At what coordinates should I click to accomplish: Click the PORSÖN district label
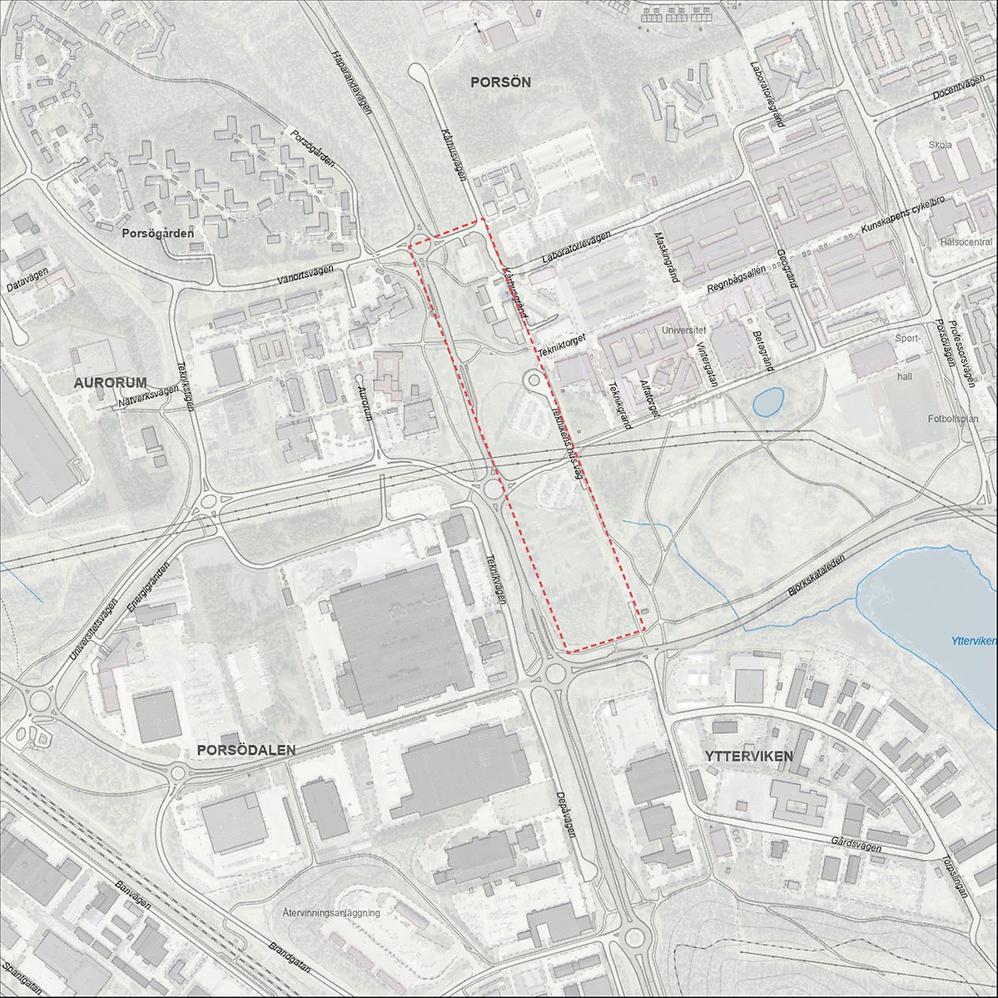pos(499,82)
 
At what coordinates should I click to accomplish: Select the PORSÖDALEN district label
pos(246,749)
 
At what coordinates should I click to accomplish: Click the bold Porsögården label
pos(157,233)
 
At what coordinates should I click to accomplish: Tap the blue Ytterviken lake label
pos(972,641)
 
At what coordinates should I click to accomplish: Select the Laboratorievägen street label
pos(575,248)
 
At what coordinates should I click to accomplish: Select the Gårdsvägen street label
pos(856,844)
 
